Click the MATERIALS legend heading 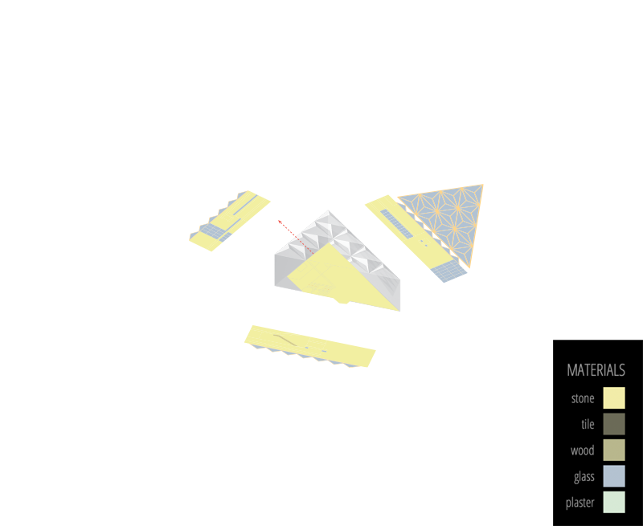(x=596, y=370)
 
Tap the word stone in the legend (x=583, y=398)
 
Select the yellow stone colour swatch (x=613, y=398)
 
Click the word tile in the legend (x=587, y=424)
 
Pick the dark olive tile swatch (x=613, y=424)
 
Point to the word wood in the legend (x=582, y=451)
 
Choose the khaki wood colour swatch (x=613, y=451)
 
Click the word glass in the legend (x=584, y=476)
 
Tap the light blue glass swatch (x=613, y=476)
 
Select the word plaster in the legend (x=580, y=503)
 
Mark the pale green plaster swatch (x=613, y=503)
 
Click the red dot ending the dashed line (x=280, y=221)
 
